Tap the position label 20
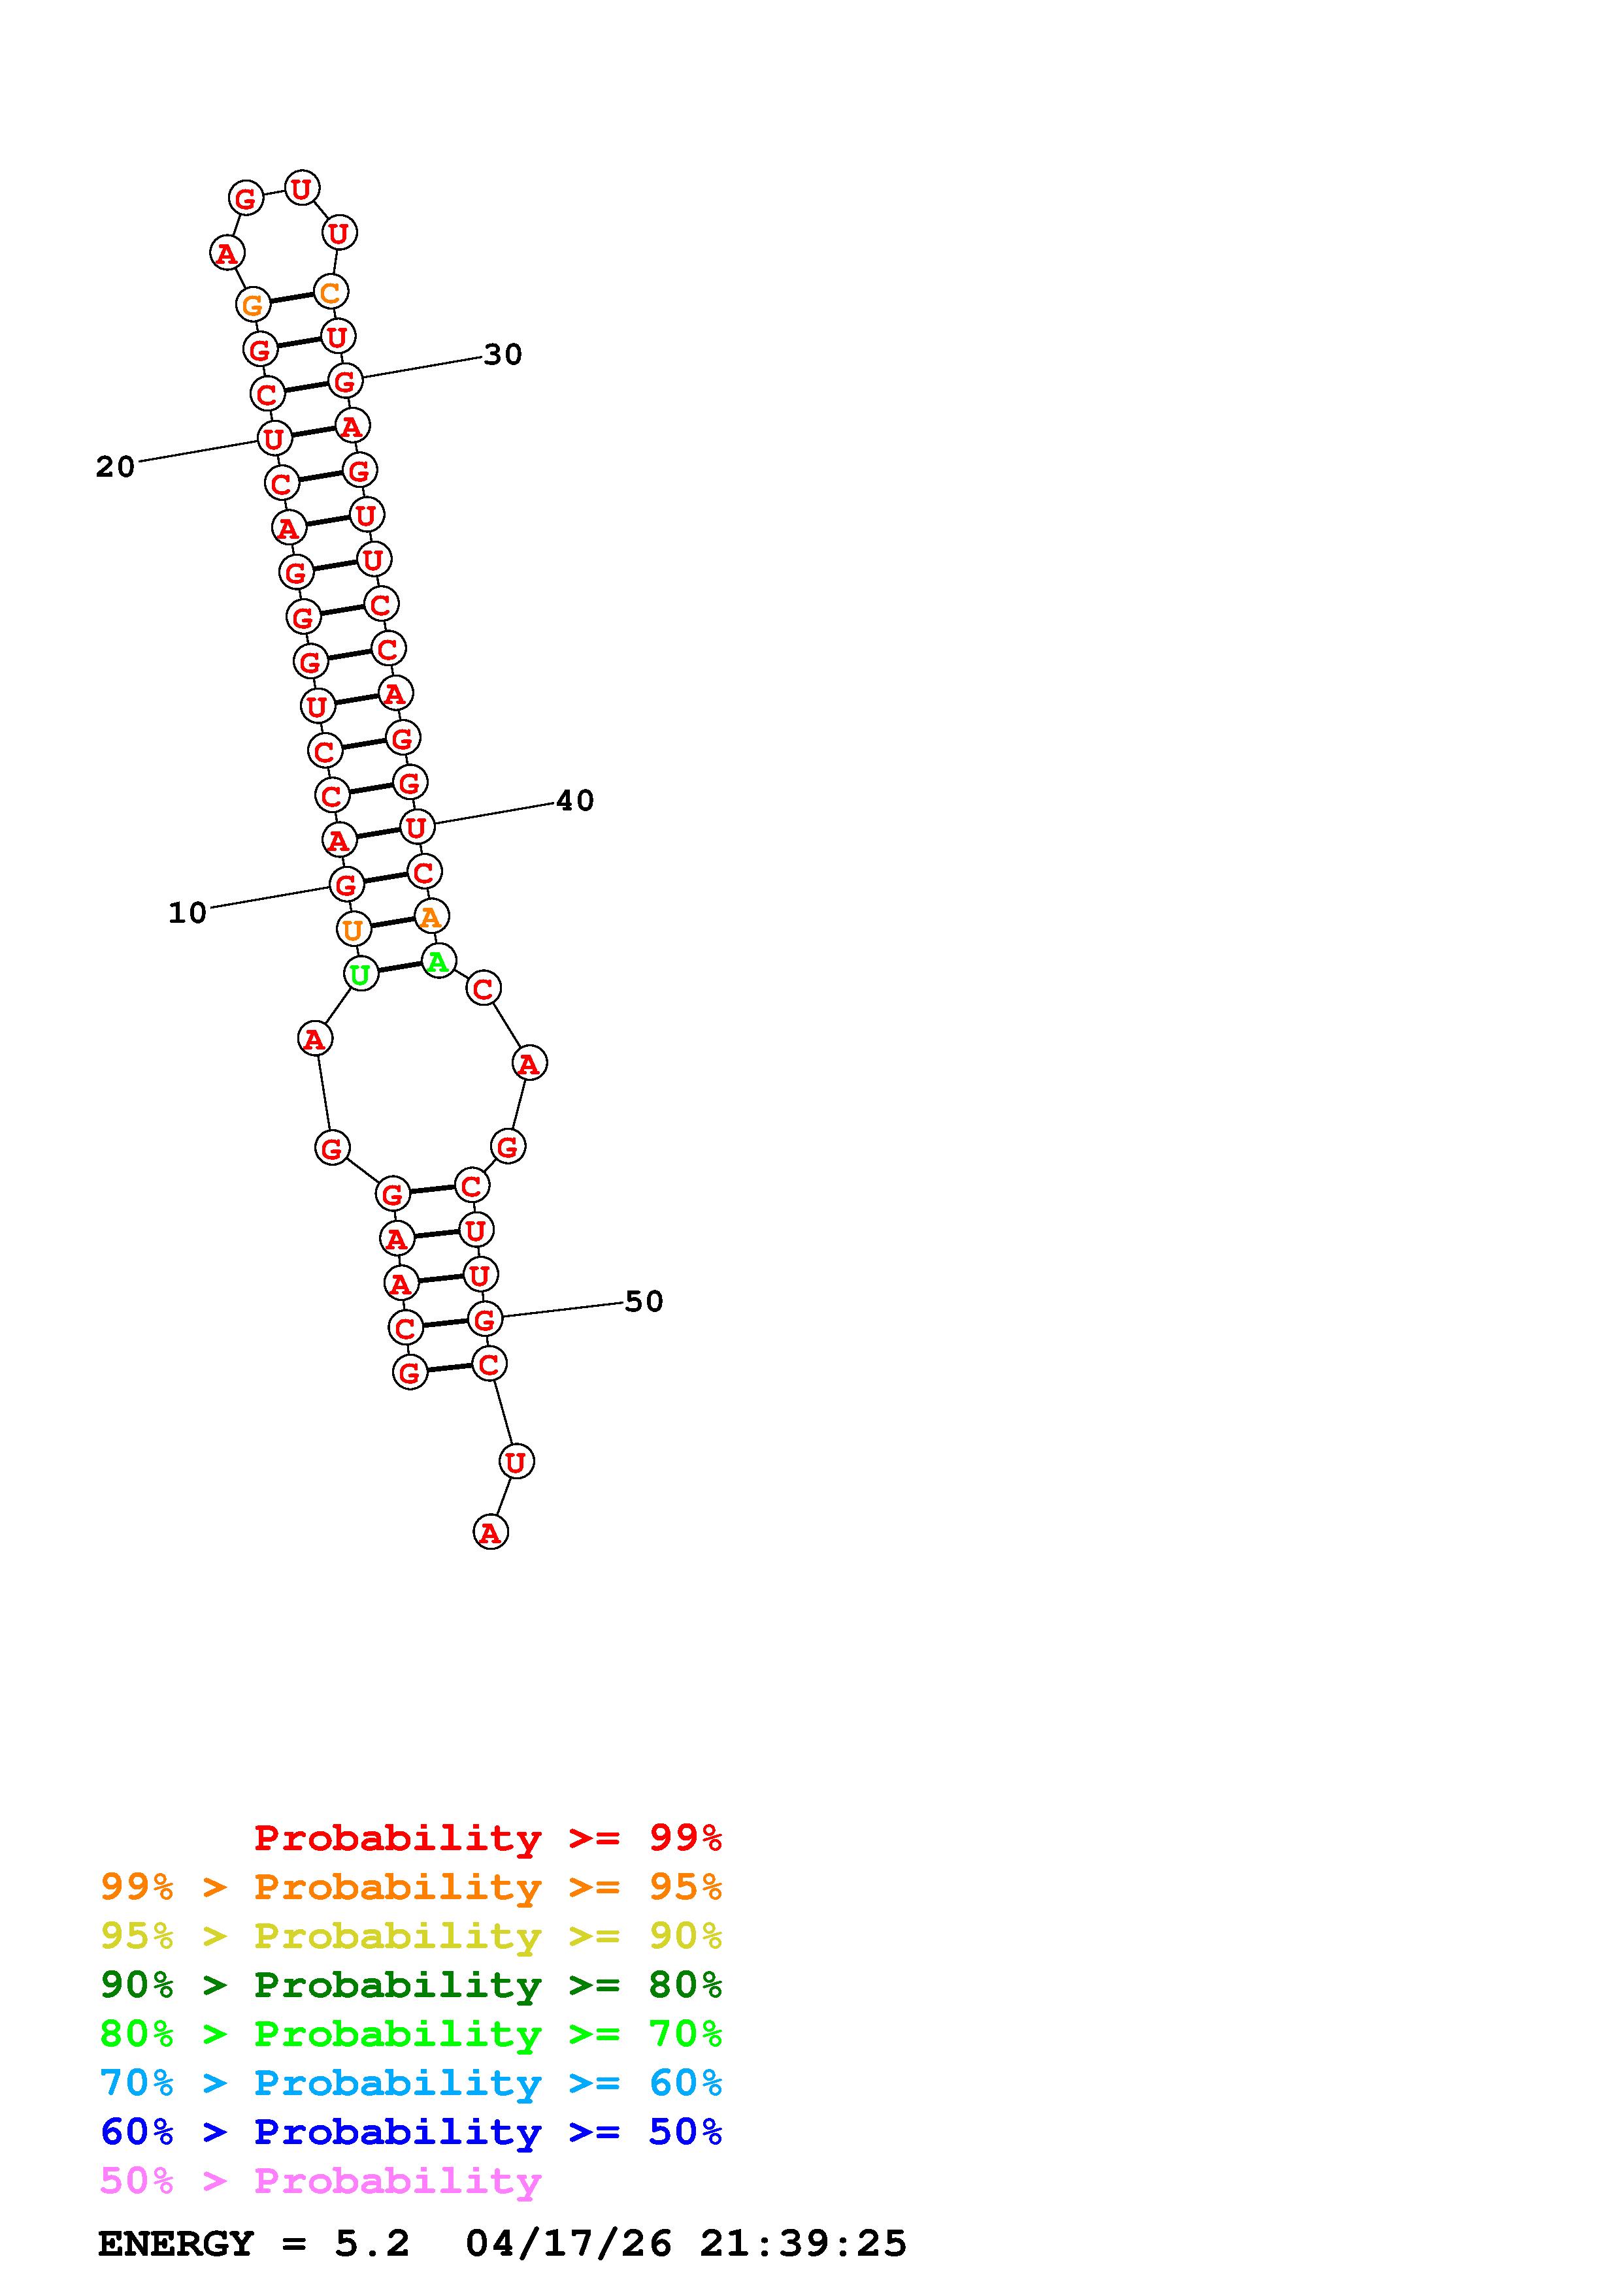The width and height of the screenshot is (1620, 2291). pos(115,466)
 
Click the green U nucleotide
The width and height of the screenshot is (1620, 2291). pos(360,974)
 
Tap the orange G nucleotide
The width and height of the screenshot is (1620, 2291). pos(254,304)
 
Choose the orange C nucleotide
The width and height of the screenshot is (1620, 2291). pos(329,293)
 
